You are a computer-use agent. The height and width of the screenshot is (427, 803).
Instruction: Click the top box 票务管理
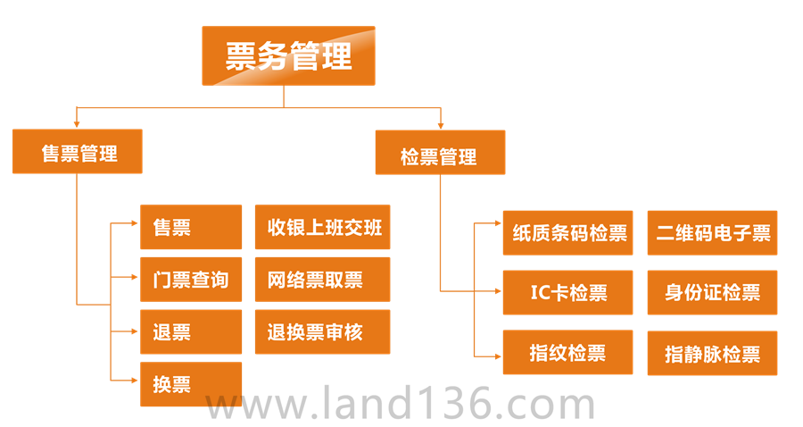287,55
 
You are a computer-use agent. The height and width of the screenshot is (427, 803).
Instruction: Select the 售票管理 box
79,152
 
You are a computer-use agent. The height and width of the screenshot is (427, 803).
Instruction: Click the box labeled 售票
191,227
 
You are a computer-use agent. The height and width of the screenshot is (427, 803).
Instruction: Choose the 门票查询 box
191,280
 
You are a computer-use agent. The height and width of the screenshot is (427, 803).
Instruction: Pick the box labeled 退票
191,332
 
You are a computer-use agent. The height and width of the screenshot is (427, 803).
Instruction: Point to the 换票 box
191,384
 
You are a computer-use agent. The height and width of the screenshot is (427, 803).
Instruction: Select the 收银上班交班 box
323,228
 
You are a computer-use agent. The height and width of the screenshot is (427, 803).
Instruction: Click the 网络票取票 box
322,280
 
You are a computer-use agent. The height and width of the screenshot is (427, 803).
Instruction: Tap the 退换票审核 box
322,332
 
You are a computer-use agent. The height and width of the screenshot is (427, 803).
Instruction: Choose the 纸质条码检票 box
567,232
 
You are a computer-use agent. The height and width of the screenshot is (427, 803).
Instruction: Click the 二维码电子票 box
712,232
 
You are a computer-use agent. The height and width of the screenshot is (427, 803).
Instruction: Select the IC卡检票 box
567,292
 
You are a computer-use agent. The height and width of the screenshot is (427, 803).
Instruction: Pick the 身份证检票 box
712,292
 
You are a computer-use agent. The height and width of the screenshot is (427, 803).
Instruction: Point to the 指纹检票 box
567,353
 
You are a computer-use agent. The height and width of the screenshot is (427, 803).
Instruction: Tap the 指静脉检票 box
712,353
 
